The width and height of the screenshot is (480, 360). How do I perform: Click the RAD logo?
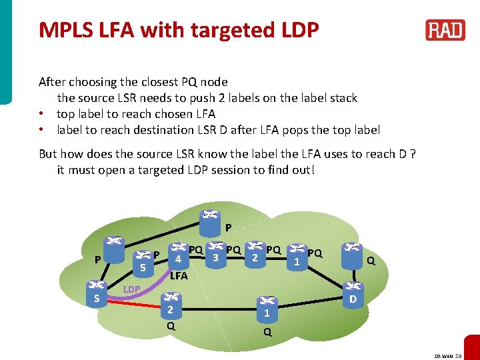coord(445,30)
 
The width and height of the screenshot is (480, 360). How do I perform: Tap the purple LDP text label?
coord(131,289)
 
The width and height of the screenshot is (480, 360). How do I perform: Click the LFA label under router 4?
coord(179,275)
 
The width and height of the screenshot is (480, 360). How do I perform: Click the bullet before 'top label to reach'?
coord(41,114)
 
